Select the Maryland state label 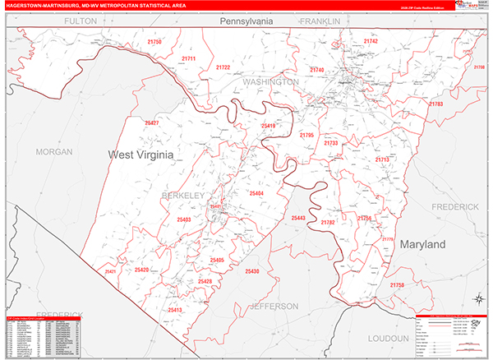point(422,245)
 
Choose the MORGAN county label point(54,152)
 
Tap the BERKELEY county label point(182,196)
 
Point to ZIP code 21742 point(371,41)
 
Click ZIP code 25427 point(152,122)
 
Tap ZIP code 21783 point(435,104)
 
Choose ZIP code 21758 point(398,284)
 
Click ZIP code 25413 point(174,310)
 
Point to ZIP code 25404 point(256,193)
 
